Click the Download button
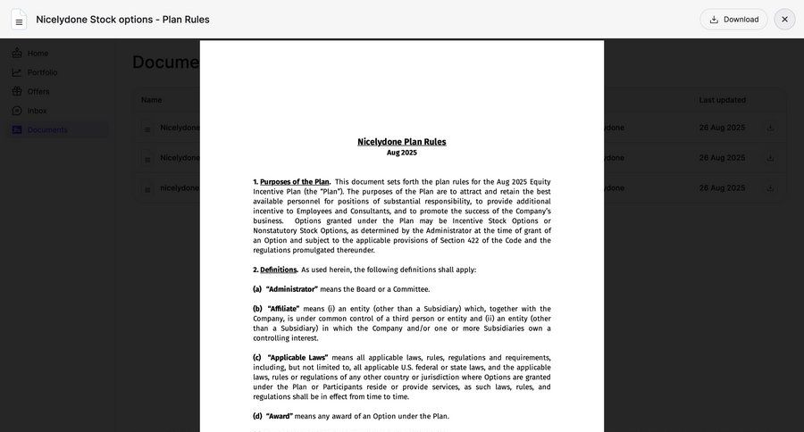[733, 20]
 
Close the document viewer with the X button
[784, 20]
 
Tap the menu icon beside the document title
[19, 20]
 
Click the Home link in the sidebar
[38, 54]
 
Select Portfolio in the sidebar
[42, 72]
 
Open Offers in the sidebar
[38, 91]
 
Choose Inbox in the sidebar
[37, 111]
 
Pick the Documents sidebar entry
[46, 129]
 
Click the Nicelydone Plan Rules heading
[401, 141]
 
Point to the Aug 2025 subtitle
[401, 153]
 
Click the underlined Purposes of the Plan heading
[295, 182]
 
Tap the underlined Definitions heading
[278, 270]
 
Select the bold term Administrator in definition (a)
[291, 289]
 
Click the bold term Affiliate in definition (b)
[283, 309]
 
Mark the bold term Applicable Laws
[297, 358]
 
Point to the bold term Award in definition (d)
[279, 416]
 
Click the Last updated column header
[722, 100]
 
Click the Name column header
[152, 100]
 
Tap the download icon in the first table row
[770, 128]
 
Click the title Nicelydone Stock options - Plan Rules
[122, 20]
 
